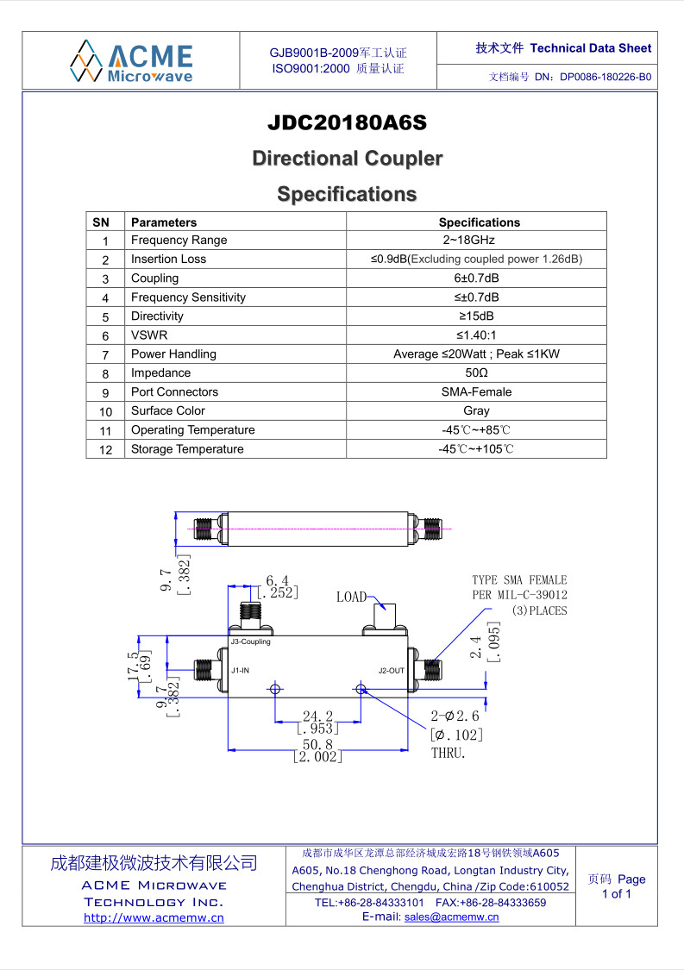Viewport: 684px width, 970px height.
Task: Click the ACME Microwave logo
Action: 131,61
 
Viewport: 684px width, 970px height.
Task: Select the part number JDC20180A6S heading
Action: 348,122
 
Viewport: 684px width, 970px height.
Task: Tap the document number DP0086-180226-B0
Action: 606,78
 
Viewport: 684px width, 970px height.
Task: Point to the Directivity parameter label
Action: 157,316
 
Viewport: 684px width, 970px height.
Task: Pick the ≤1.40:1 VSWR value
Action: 476,335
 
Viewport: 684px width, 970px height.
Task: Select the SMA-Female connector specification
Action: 476,392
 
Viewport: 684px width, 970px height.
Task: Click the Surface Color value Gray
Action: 476,410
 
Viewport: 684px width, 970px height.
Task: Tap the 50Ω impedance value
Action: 476,373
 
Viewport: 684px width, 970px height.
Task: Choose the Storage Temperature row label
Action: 187,449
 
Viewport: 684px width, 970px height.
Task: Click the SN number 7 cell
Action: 105,355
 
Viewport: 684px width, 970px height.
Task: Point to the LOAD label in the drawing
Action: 352,597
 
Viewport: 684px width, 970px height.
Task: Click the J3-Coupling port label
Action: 251,642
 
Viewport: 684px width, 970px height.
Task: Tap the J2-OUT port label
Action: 392,671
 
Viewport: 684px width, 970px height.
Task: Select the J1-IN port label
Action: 240,671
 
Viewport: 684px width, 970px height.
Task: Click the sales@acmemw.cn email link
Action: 451,917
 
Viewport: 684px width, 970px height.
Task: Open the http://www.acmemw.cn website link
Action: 154,918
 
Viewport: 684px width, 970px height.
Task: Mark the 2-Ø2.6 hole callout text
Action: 455,717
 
